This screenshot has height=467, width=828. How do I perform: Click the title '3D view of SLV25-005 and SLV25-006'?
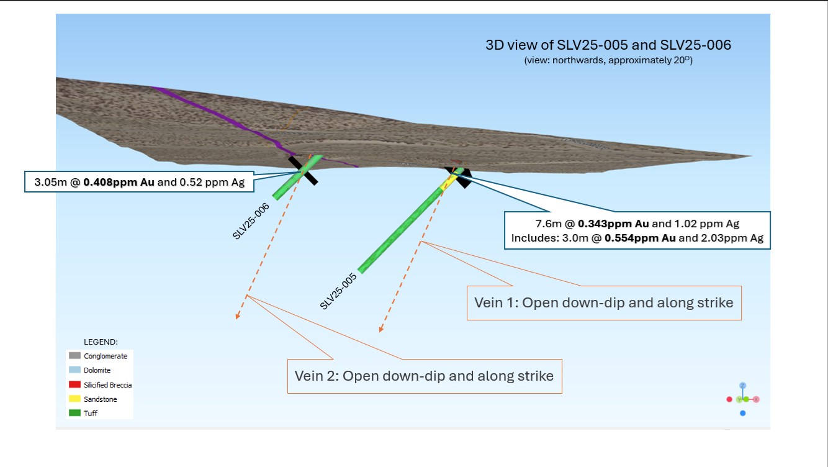click(x=608, y=45)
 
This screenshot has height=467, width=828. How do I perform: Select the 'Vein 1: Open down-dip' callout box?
click(x=603, y=302)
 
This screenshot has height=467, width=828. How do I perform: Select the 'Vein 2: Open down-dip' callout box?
click(x=424, y=376)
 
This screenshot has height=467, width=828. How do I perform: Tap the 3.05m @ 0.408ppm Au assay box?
click(x=138, y=182)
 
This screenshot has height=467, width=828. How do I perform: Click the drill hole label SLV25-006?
click(x=251, y=221)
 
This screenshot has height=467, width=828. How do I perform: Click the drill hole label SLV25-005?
click(x=339, y=291)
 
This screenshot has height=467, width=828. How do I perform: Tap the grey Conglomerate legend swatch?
click(x=74, y=356)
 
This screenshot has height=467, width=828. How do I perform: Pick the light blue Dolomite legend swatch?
click(x=74, y=370)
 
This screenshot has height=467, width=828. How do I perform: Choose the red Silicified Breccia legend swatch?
click(x=74, y=384)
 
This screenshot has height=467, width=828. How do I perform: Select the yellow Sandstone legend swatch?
click(x=74, y=399)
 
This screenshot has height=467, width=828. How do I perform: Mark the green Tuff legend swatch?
click(x=74, y=413)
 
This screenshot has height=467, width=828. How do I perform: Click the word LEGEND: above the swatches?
click(x=101, y=342)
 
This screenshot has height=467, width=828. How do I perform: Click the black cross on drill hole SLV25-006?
click(x=302, y=170)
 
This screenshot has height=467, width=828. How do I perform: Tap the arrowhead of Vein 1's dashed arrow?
click(x=382, y=329)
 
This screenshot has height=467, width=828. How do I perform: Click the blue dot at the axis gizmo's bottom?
click(x=743, y=413)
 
